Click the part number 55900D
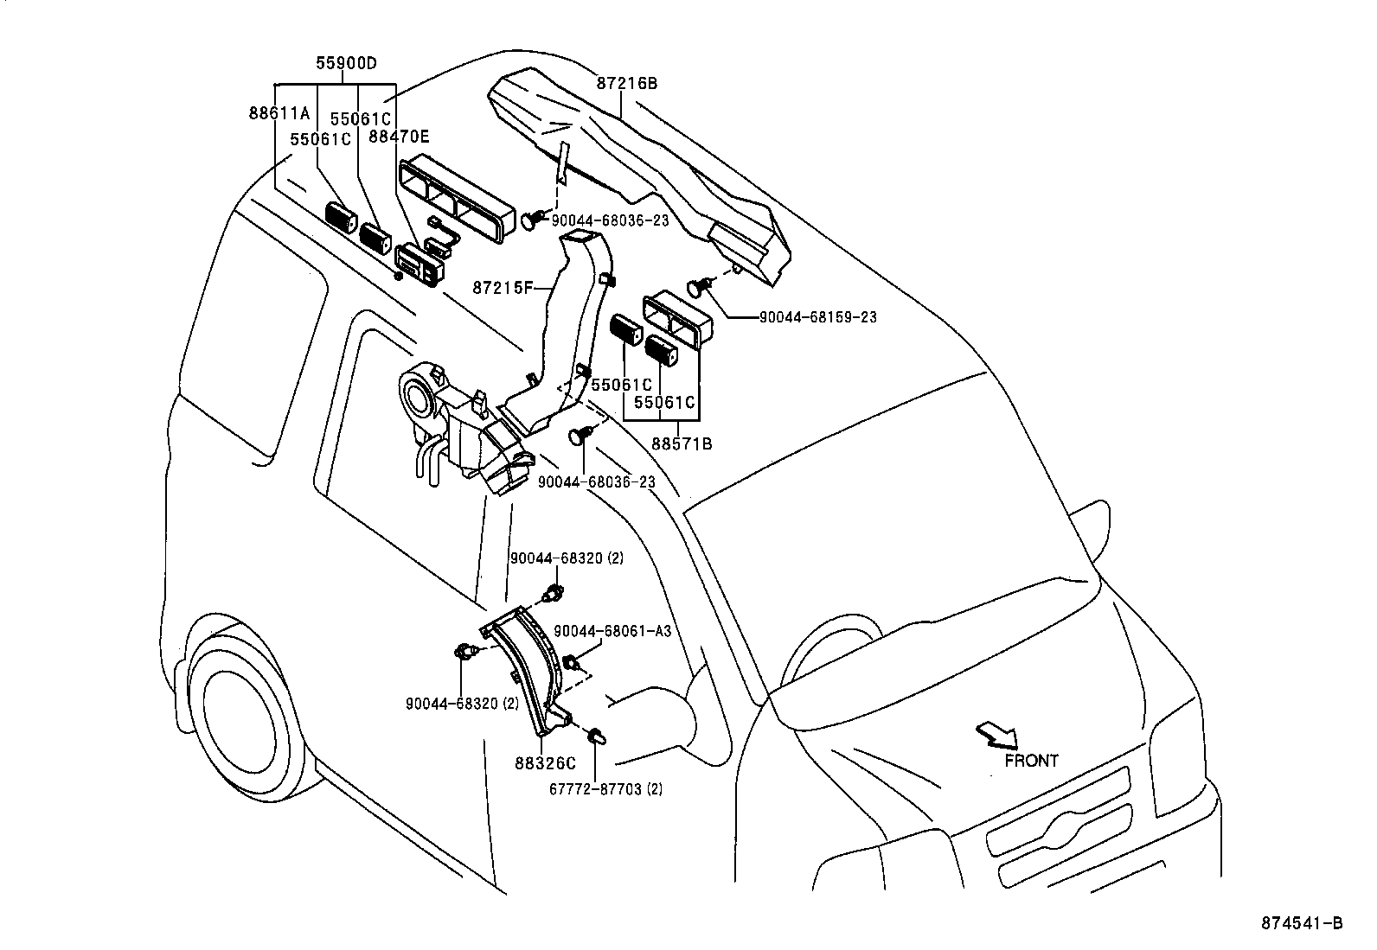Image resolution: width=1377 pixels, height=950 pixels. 346,63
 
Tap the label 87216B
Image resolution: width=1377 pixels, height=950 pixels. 626,84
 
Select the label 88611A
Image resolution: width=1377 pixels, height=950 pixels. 279,112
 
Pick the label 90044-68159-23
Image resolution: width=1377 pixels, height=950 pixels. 817,317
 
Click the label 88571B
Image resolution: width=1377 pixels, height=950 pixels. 682,443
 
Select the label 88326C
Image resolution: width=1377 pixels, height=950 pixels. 545,763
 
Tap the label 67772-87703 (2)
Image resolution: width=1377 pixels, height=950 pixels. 606,788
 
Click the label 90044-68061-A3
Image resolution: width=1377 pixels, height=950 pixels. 612,631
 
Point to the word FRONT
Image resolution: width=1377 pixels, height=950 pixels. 1031,761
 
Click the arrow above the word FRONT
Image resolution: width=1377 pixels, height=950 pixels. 996,735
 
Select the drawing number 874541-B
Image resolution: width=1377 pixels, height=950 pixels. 1308,923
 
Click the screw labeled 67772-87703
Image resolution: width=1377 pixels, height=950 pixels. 596,736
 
